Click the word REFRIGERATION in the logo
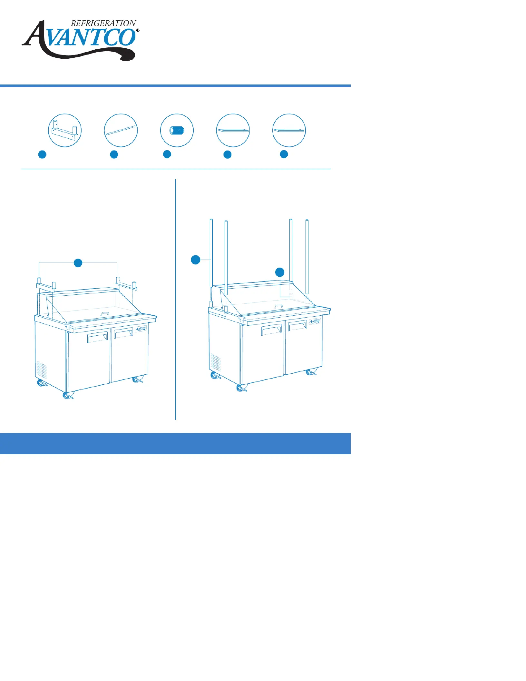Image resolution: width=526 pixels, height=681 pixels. click(103, 23)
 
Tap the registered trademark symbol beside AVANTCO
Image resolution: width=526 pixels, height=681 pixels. click(138, 30)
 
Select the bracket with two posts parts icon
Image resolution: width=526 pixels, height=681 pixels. click(65, 130)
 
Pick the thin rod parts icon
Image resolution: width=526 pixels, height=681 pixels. click(121, 130)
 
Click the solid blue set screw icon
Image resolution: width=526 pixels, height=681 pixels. click(177, 130)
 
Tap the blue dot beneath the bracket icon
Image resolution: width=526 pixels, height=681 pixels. click(42, 154)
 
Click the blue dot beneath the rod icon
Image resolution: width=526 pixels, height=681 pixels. click(114, 154)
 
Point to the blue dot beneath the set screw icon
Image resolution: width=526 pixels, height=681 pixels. click(167, 154)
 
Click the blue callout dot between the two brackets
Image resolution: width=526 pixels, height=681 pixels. click(78, 263)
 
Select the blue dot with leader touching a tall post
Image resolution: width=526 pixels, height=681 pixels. click(196, 260)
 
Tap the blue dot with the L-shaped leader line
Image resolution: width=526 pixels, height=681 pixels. click(280, 272)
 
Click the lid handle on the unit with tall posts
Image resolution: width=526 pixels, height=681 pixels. click(279, 306)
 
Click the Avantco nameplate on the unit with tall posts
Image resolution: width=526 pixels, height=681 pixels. click(315, 321)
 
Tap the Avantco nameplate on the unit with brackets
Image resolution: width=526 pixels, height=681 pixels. click(141, 329)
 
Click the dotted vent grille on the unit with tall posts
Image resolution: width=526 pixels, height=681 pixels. click(216, 362)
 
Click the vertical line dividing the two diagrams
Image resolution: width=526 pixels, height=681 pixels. click(176, 300)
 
